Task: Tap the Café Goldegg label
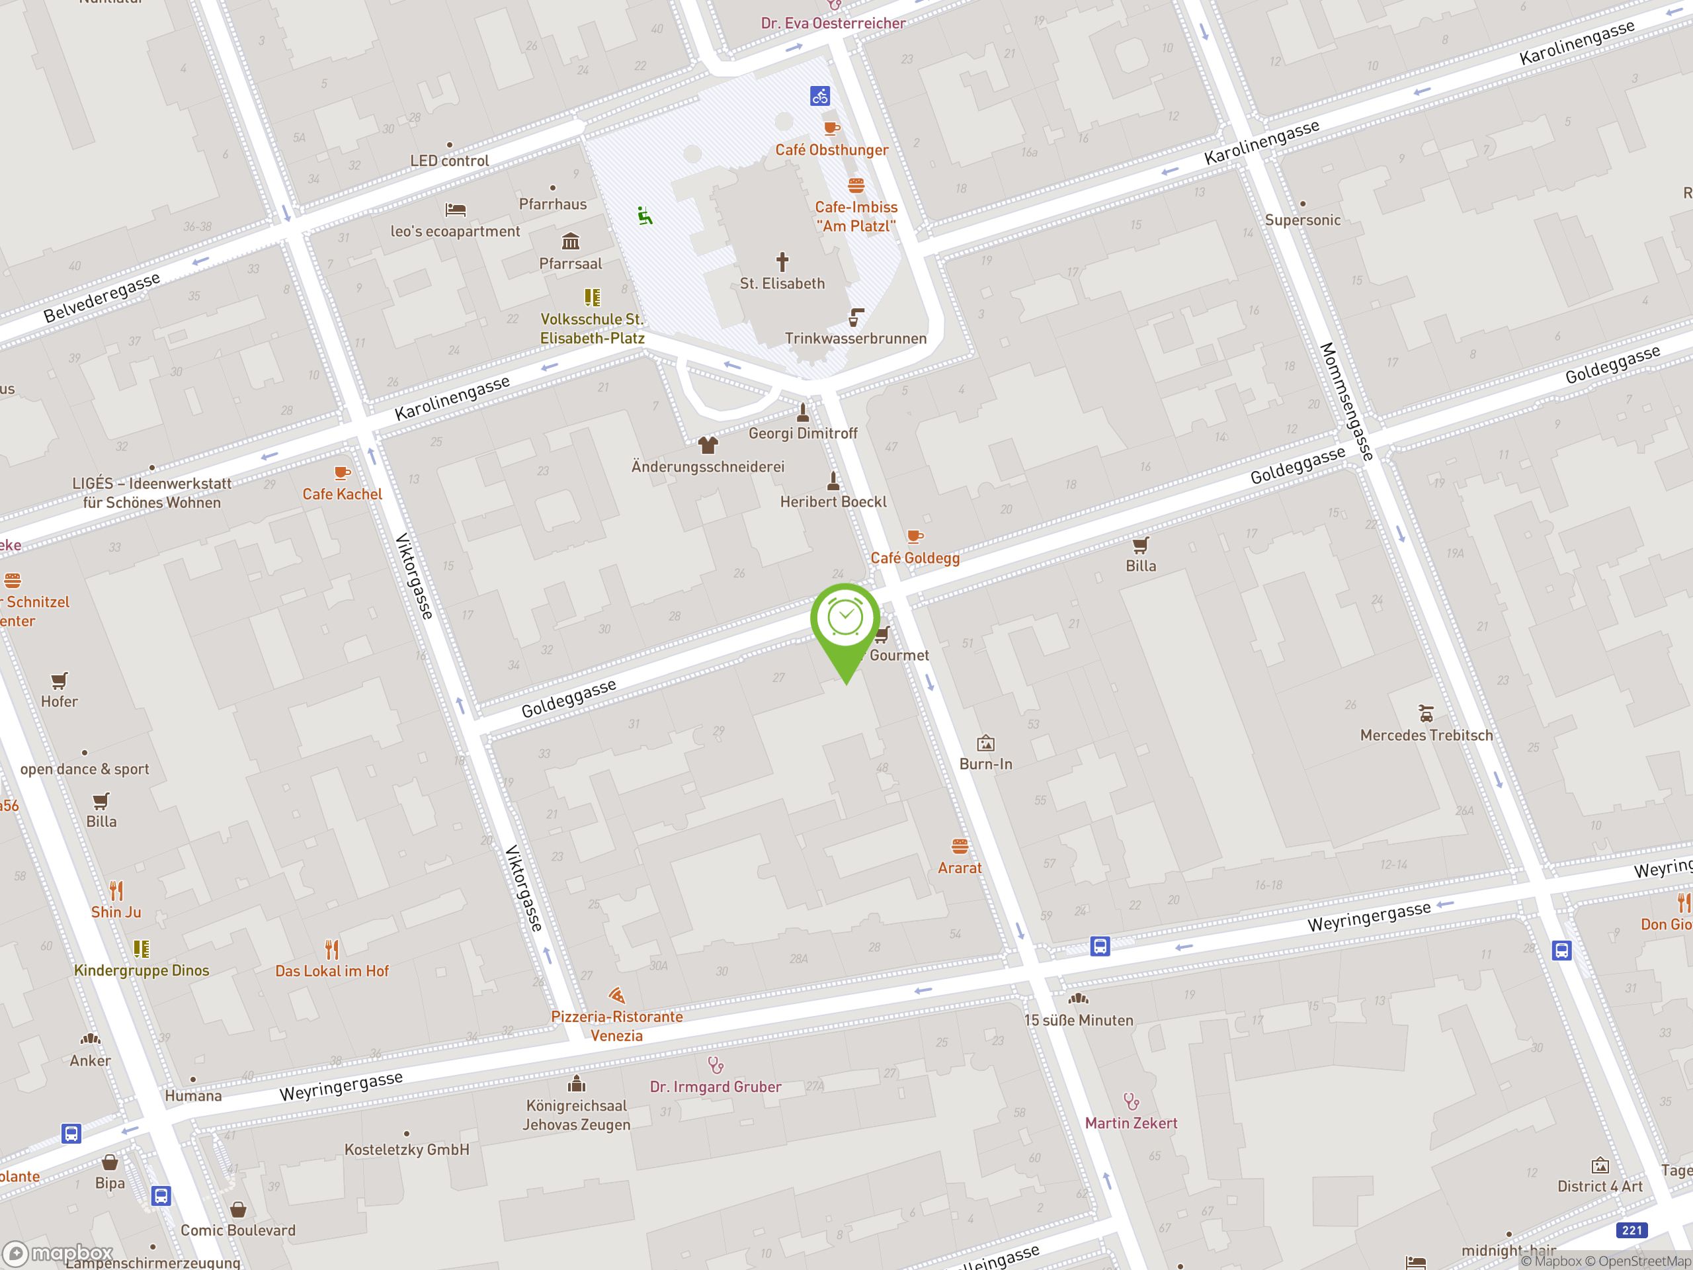[x=915, y=558]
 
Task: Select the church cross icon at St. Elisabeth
[x=782, y=262]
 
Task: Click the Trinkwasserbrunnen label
[x=855, y=339]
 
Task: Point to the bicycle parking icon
[x=819, y=97]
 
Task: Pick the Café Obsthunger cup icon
[x=831, y=128]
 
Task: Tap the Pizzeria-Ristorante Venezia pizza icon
[x=617, y=995]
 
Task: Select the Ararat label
[x=959, y=867]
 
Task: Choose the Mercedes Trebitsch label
[x=1426, y=735]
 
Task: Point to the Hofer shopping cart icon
[x=59, y=681]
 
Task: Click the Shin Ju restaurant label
[x=116, y=911]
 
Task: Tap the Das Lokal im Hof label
[x=331, y=970]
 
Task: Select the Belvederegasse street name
[x=102, y=297]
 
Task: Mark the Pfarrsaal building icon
[x=570, y=242]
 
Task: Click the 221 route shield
[x=1631, y=1230]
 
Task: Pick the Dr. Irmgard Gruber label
[x=715, y=1086]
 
